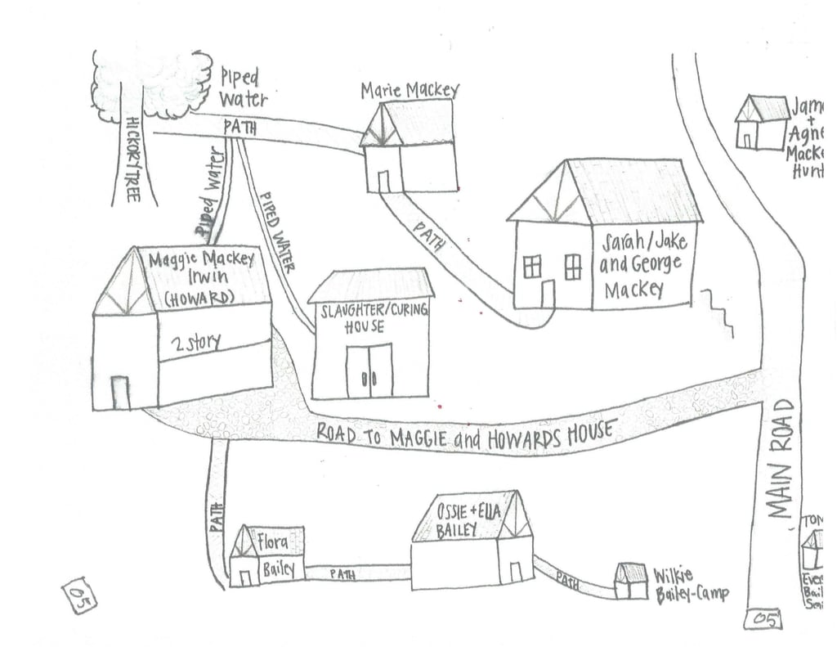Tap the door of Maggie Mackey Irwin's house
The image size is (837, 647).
pos(119,392)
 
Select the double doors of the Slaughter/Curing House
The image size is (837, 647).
pos(369,371)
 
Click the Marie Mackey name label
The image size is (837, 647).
pos(410,90)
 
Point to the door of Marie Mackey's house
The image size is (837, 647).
pos(384,181)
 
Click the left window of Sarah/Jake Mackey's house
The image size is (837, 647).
pos(532,267)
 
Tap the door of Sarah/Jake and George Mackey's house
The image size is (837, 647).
pos(548,294)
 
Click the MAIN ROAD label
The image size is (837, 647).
pos(781,459)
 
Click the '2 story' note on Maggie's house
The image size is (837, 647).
pos(195,342)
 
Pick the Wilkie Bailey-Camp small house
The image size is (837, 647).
pos(630,582)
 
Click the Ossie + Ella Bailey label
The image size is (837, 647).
pos(468,520)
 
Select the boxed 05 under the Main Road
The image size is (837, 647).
pos(764,619)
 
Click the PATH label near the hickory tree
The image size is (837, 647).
pos(239,128)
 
